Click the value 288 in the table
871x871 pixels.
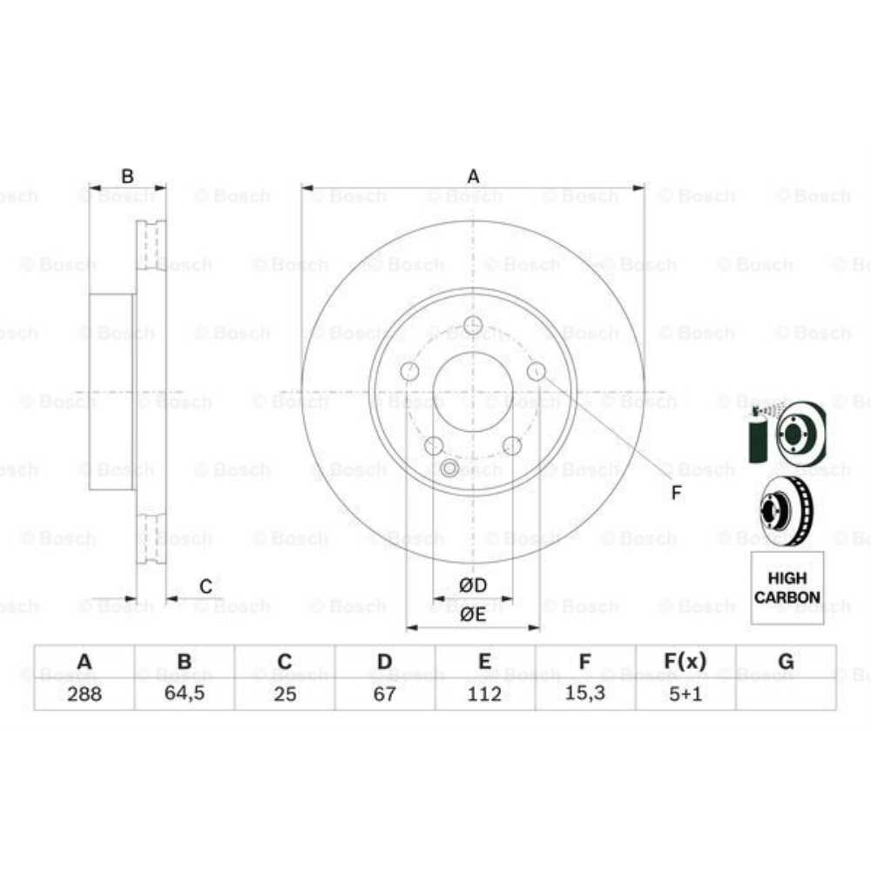coord(84,694)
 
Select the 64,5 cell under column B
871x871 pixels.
coord(184,694)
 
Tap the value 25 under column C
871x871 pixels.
coord(284,694)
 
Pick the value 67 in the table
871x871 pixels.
coord(385,694)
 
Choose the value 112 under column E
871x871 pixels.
coord(484,694)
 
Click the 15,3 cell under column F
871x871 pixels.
coord(585,694)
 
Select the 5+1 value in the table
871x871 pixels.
coord(685,694)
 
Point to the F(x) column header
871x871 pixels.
coord(685,662)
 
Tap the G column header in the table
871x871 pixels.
coord(786,662)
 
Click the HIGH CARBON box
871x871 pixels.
coord(787,588)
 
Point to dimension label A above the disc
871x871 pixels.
coord(473,177)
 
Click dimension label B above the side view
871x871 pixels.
coord(127,177)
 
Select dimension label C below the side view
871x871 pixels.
coord(206,586)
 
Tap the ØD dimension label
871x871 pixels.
coord(473,584)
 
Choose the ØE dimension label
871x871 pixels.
coord(473,613)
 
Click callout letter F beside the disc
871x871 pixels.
coord(676,494)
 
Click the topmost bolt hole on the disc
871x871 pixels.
coord(473,326)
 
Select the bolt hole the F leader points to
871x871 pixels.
coord(537,372)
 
